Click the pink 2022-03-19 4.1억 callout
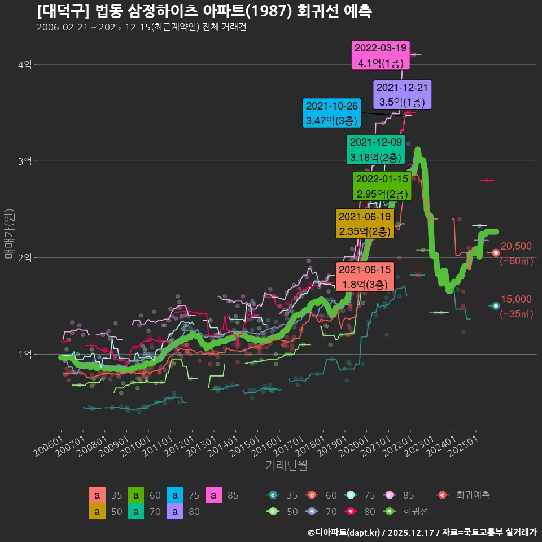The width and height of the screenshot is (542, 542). coord(380,55)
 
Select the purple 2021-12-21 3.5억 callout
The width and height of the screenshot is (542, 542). coord(402,95)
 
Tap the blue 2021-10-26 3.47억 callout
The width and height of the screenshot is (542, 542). coord(331,113)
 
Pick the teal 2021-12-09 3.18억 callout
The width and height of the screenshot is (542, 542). coord(376,150)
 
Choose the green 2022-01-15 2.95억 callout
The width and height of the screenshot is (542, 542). coord(382,186)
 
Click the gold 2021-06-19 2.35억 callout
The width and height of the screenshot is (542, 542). coord(365,224)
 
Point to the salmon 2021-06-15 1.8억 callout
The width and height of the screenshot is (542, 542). coord(365,277)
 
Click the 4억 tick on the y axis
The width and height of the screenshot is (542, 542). coord(24,64)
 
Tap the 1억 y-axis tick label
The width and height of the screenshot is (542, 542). coord(24,355)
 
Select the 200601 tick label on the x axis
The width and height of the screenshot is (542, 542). coord(49,446)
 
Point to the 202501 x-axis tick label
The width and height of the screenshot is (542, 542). coord(464,446)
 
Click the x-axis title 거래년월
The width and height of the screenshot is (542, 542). coord(287,465)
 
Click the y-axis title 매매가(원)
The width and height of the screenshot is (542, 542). coord(10,234)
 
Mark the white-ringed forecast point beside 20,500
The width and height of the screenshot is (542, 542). coord(496,253)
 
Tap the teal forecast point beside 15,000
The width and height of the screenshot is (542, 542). coord(496,306)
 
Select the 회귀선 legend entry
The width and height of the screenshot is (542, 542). coord(405,512)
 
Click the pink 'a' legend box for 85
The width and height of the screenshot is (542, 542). coord(213,495)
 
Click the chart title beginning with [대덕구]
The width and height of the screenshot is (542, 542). coord(204,11)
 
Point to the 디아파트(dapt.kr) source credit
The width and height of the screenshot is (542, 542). coord(344,532)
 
